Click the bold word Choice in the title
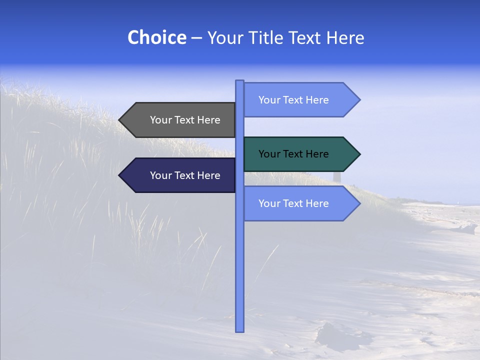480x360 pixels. coord(156,37)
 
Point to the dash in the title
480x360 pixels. coord(196,38)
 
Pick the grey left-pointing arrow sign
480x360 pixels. coord(180,120)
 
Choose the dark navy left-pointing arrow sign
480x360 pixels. coord(180,175)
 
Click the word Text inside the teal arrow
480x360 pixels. coord(293,154)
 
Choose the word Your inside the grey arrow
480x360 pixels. coord(160,120)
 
